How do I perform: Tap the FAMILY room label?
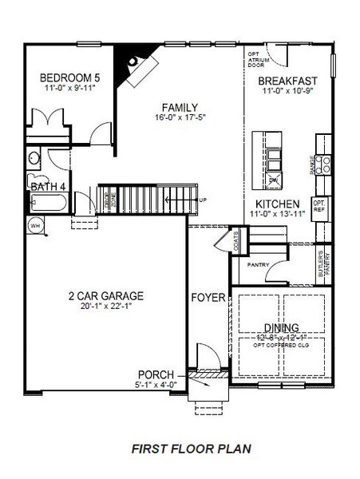pos(179,107)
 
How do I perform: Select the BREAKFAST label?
pos(289,81)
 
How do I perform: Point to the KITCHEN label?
pos(277,204)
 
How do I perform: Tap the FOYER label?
pos(207,298)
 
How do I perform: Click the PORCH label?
pos(156,374)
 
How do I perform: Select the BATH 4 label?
pos(47,187)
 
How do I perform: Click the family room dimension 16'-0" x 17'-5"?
pos(179,118)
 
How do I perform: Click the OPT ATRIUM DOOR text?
pos(255,59)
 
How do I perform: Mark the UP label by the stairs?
pos(204,200)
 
